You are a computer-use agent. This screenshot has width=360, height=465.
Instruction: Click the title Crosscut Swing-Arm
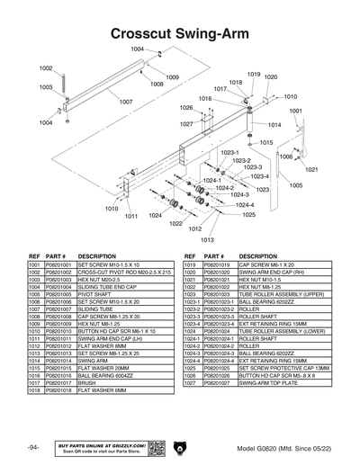pos(180,33)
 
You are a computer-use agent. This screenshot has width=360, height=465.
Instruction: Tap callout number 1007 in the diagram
pos(126,102)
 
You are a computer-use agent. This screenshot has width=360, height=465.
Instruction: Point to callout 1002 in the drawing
pos(45,68)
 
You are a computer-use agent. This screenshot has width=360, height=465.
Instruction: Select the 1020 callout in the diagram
pos(270,77)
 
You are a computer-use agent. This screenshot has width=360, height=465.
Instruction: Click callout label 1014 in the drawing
pos(274,124)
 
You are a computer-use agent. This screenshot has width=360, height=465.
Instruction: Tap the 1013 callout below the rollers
pos(207,240)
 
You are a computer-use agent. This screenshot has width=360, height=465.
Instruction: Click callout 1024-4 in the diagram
pos(245,205)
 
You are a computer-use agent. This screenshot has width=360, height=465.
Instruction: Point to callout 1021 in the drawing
pos(312,169)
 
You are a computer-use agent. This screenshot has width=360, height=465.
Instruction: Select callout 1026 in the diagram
pos(186,107)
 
